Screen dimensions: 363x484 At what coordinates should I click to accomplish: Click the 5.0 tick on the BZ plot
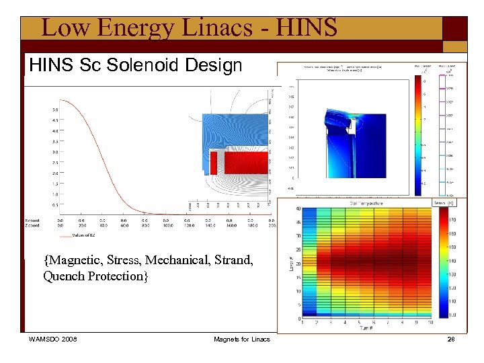tap(54, 110)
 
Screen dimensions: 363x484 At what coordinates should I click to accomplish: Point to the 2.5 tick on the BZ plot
tap(54, 162)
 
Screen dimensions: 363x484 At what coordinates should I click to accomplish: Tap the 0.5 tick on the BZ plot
tap(54, 204)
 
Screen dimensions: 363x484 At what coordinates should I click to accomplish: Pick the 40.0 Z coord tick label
tap(103, 222)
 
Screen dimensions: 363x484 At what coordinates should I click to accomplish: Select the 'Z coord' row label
tap(32, 225)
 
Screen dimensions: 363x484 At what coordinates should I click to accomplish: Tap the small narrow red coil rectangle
tap(214, 163)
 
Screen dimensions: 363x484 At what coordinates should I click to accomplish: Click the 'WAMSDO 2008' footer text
tap(52, 339)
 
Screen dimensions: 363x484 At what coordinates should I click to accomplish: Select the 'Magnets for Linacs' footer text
tap(241, 339)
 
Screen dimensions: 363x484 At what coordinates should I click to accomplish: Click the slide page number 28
tap(451, 339)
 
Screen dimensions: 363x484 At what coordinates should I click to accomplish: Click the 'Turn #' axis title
tap(365, 329)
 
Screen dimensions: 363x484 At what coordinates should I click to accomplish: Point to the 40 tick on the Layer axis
tap(298, 209)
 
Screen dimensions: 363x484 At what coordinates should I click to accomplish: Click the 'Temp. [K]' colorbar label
tap(444, 203)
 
